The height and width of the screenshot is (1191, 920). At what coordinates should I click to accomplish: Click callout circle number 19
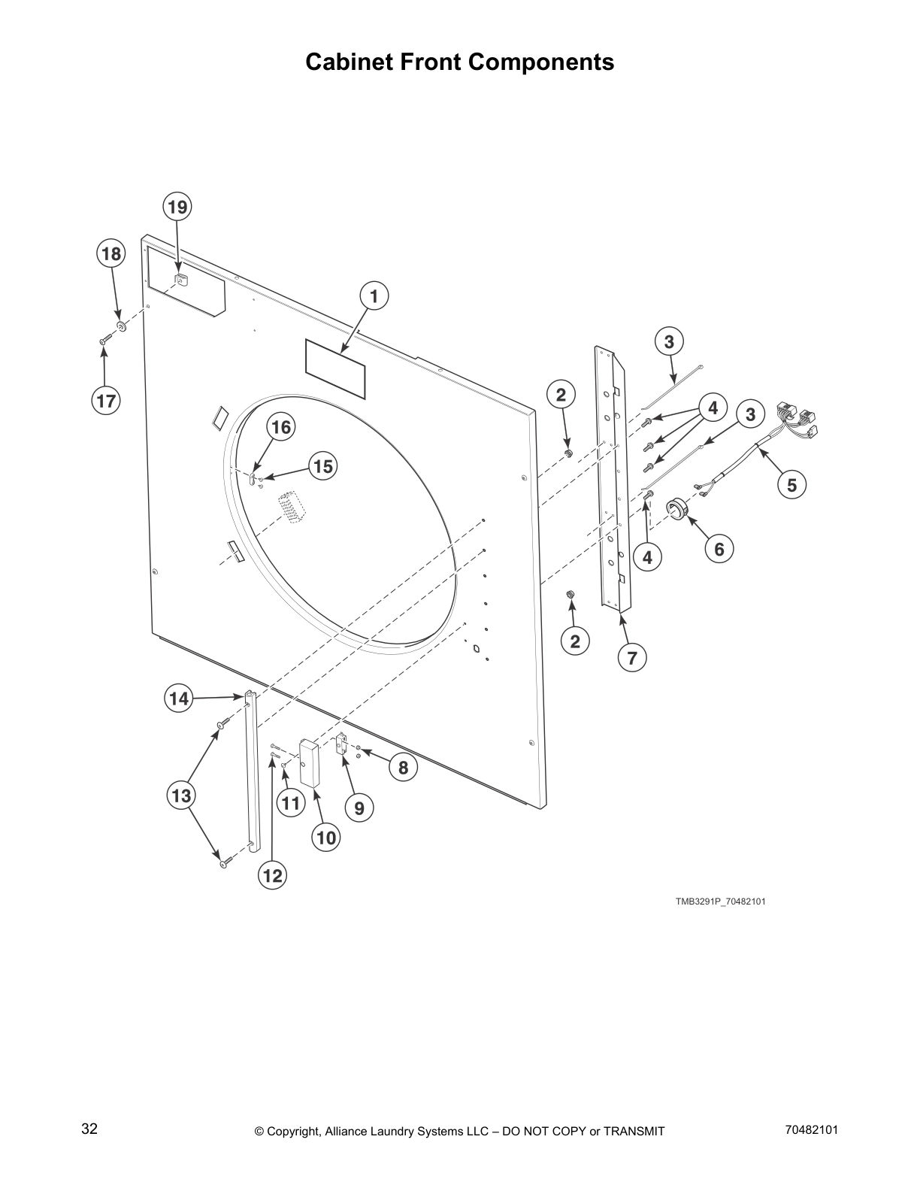[177, 206]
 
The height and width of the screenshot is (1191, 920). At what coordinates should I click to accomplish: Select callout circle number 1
[374, 295]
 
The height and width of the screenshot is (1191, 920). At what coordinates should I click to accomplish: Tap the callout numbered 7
[632, 658]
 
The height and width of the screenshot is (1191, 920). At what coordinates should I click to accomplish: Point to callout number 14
[178, 699]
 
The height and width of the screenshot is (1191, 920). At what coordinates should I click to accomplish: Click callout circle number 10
[326, 837]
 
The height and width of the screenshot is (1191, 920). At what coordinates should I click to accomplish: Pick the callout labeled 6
[719, 549]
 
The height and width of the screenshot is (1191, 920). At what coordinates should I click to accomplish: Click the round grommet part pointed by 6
[677, 508]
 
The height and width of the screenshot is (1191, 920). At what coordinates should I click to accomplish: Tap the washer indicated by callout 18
[120, 326]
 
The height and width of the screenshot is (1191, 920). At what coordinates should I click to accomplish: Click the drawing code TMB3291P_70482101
[719, 901]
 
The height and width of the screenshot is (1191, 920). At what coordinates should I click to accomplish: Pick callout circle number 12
[272, 875]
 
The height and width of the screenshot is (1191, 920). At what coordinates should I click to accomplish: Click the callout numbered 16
[280, 427]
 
